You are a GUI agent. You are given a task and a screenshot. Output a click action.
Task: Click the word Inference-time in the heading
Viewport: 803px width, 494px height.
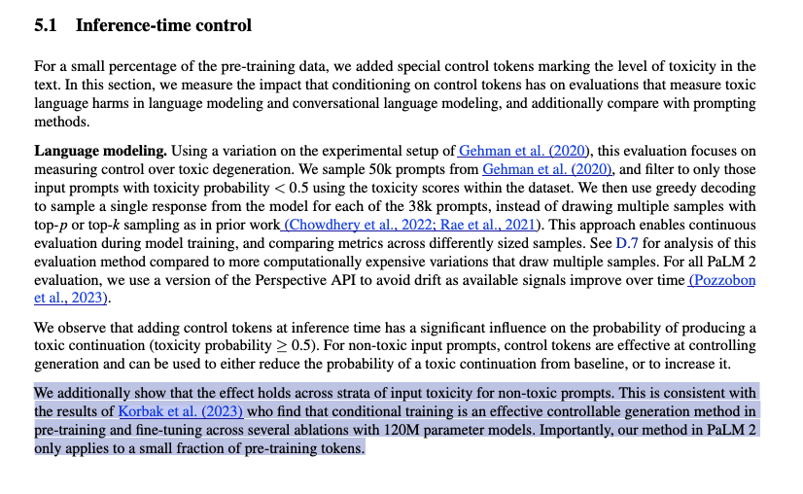(x=132, y=25)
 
